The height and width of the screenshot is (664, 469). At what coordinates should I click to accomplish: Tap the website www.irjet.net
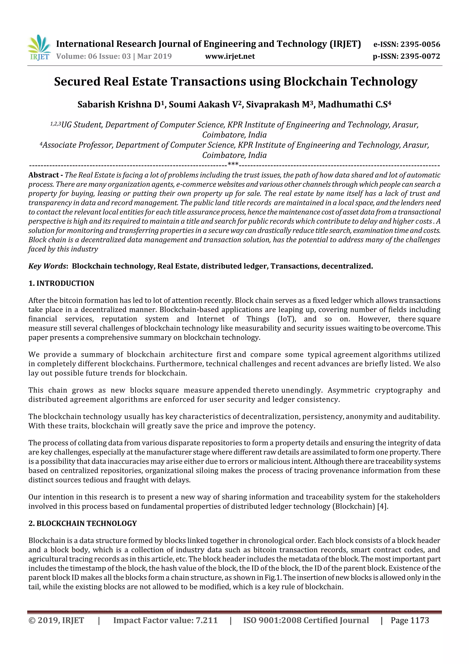pyautogui.click(x=230, y=56)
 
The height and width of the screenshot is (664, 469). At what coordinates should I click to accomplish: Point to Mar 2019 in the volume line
pyautogui.click(x=154, y=56)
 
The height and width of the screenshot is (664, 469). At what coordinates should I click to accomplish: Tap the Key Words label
pyautogui.click(x=48, y=266)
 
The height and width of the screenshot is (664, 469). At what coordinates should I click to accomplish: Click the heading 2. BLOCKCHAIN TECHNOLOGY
pyautogui.click(x=82, y=523)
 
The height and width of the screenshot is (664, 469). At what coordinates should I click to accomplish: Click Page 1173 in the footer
pyautogui.click(x=409, y=620)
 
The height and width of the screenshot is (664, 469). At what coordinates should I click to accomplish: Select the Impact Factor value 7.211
pyautogui.click(x=206, y=620)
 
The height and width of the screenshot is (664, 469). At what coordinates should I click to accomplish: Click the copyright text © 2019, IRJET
pyautogui.click(x=56, y=620)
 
